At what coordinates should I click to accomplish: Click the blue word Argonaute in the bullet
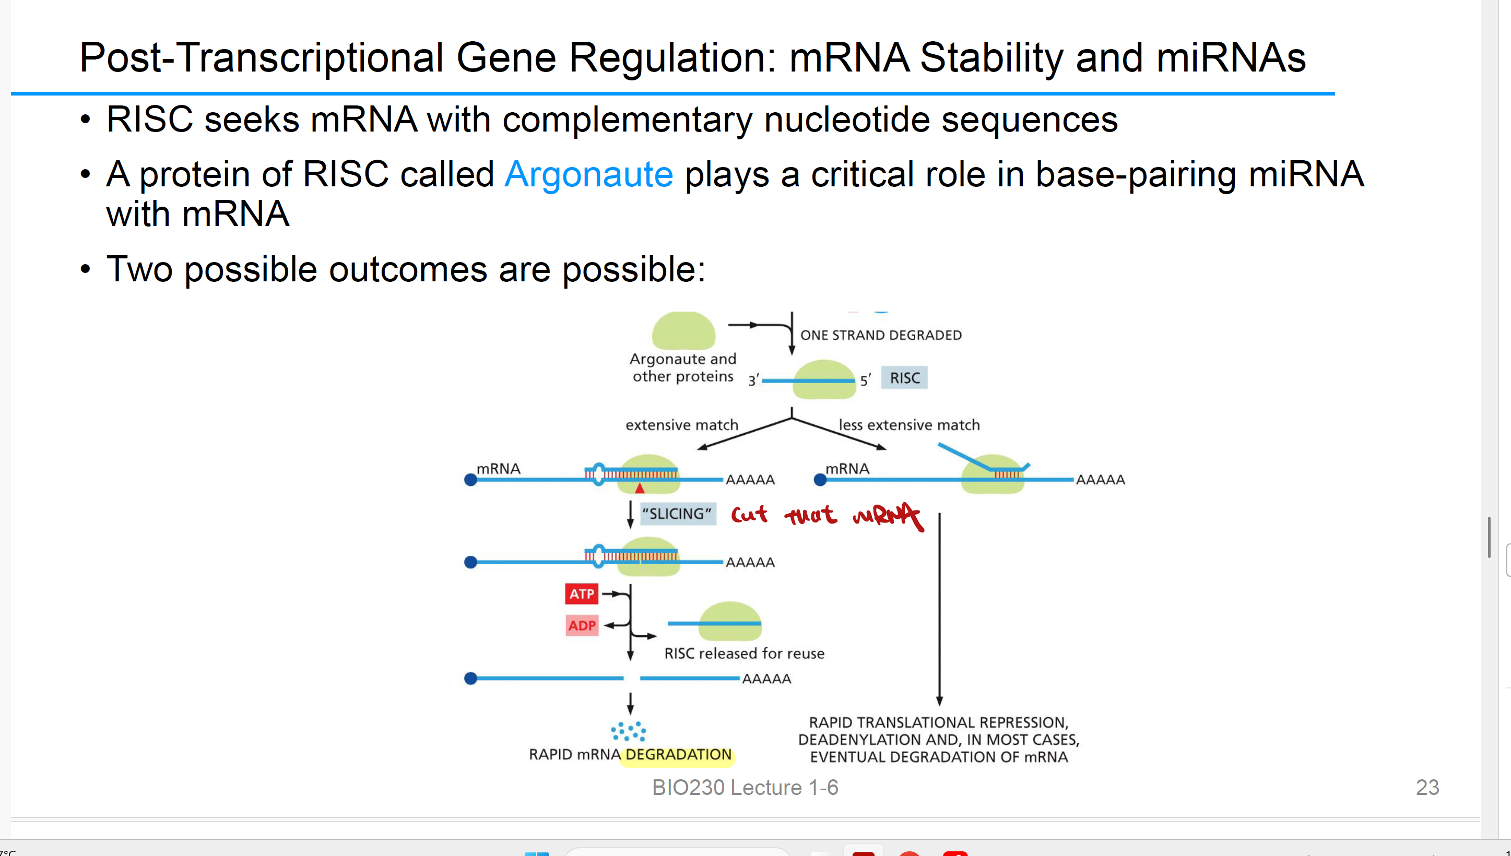(x=588, y=175)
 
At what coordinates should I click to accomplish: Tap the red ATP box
(x=581, y=594)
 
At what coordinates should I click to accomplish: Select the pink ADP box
(x=582, y=625)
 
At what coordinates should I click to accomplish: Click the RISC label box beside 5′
(x=904, y=378)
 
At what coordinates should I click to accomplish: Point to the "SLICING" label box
(x=677, y=514)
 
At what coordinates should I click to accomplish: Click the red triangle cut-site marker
(x=640, y=488)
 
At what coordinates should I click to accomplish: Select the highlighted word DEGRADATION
(x=678, y=754)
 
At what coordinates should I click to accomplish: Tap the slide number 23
(x=1427, y=787)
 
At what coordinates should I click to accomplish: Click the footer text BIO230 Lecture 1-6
(x=745, y=787)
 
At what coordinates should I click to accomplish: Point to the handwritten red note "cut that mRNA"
(x=826, y=516)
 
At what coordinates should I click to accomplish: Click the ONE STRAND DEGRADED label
(x=881, y=335)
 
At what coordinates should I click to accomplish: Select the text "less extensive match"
(x=909, y=425)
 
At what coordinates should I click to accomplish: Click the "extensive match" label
(x=681, y=425)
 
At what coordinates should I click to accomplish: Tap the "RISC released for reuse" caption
(x=745, y=653)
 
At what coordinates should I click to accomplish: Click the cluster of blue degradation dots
(x=629, y=731)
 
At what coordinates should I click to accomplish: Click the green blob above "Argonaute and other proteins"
(x=683, y=331)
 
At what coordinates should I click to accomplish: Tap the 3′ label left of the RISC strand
(x=753, y=381)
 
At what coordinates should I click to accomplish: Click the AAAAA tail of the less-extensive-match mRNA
(x=1100, y=480)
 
